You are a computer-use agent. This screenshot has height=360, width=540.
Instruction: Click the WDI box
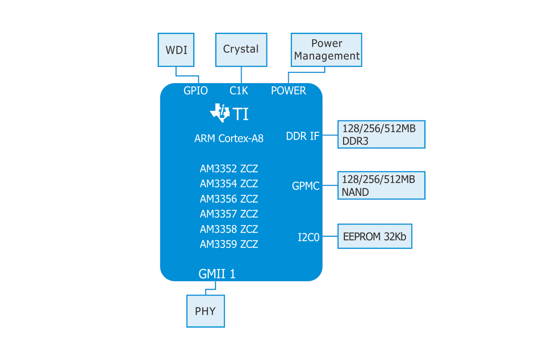pyautogui.click(x=176, y=50)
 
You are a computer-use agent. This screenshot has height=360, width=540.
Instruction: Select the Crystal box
pyautogui.click(x=241, y=50)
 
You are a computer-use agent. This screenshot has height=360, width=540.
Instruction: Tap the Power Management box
pyautogui.click(x=326, y=50)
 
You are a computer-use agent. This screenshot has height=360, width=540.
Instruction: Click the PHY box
pyautogui.click(x=206, y=311)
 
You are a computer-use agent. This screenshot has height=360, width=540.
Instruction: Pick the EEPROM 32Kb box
pyautogui.click(x=375, y=236)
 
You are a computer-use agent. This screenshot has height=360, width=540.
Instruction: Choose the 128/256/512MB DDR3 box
pyautogui.click(x=381, y=134)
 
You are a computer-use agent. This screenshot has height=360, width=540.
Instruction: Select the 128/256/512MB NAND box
pyautogui.click(x=381, y=185)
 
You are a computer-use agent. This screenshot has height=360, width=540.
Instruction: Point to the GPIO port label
pyautogui.click(x=195, y=90)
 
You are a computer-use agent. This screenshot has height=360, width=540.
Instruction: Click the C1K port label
pyautogui.click(x=239, y=90)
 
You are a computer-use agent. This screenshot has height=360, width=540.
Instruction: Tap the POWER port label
pyautogui.click(x=288, y=90)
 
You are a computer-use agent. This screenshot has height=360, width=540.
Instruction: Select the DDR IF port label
pyautogui.click(x=302, y=136)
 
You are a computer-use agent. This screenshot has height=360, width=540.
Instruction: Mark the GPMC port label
pyautogui.click(x=306, y=186)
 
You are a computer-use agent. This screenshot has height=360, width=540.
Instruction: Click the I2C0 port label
pyautogui.click(x=309, y=237)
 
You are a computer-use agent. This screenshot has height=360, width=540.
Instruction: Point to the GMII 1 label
pyautogui.click(x=217, y=274)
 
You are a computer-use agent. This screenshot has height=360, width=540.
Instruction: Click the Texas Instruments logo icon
pyautogui.click(x=220, y=113)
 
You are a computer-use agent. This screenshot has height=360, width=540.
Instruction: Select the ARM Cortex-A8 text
pyautogui.click(x=229, y=138)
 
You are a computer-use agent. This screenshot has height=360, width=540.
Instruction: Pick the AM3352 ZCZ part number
pyautogui.click(x=229, y=168)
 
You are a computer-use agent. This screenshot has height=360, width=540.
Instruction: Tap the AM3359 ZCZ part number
pyautogui.click(x=229, y=244)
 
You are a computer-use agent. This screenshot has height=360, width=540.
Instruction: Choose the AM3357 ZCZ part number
pyautogui.click(x=229, y=214)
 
